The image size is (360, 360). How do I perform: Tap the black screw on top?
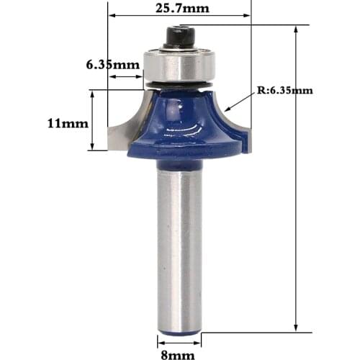point(179,36)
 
